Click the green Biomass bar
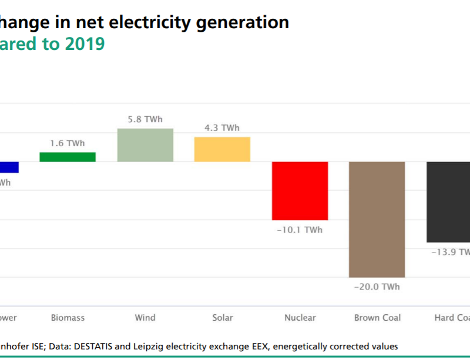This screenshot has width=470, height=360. (68, 157)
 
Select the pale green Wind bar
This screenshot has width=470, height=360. (145, 145)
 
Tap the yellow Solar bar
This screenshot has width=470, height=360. (222, 149)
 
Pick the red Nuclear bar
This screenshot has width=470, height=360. (300, 191)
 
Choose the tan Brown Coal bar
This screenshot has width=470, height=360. (377, 219)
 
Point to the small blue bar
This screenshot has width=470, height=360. (9, 167)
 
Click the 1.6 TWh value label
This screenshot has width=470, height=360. (68, 143)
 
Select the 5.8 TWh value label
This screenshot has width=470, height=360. (145, 119)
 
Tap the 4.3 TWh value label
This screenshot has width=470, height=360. (222, 128)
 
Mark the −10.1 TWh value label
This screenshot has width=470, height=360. (300, 230)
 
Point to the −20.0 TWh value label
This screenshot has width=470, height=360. (377, 287)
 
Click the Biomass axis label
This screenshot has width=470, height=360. (68, 318)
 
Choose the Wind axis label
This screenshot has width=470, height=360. (145, 318)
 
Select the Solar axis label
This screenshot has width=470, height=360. (222, 318)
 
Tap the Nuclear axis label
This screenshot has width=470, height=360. (300, 318)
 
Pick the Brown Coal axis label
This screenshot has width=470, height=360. (377, 318)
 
